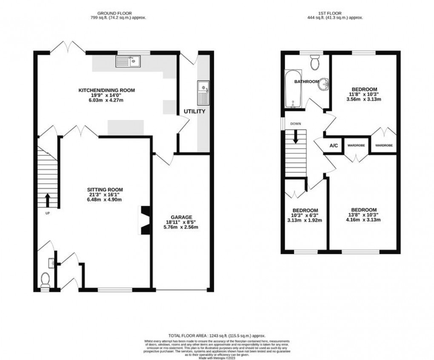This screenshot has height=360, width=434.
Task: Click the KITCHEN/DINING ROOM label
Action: click(x=106, y=90)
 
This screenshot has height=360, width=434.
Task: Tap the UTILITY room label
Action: click(x=194, y=111)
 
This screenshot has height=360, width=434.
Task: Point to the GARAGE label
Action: click(x=182, y=217)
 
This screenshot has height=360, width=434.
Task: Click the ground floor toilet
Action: click(x=45, y=280)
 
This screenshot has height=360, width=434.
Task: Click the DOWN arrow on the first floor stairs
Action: click(x=295, y=137)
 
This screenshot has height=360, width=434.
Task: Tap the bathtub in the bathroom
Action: click(x=292, y=90)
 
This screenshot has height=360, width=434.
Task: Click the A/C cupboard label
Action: click(x=334, y=146)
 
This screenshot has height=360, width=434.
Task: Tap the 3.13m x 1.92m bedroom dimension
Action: click(x=305, y=220)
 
